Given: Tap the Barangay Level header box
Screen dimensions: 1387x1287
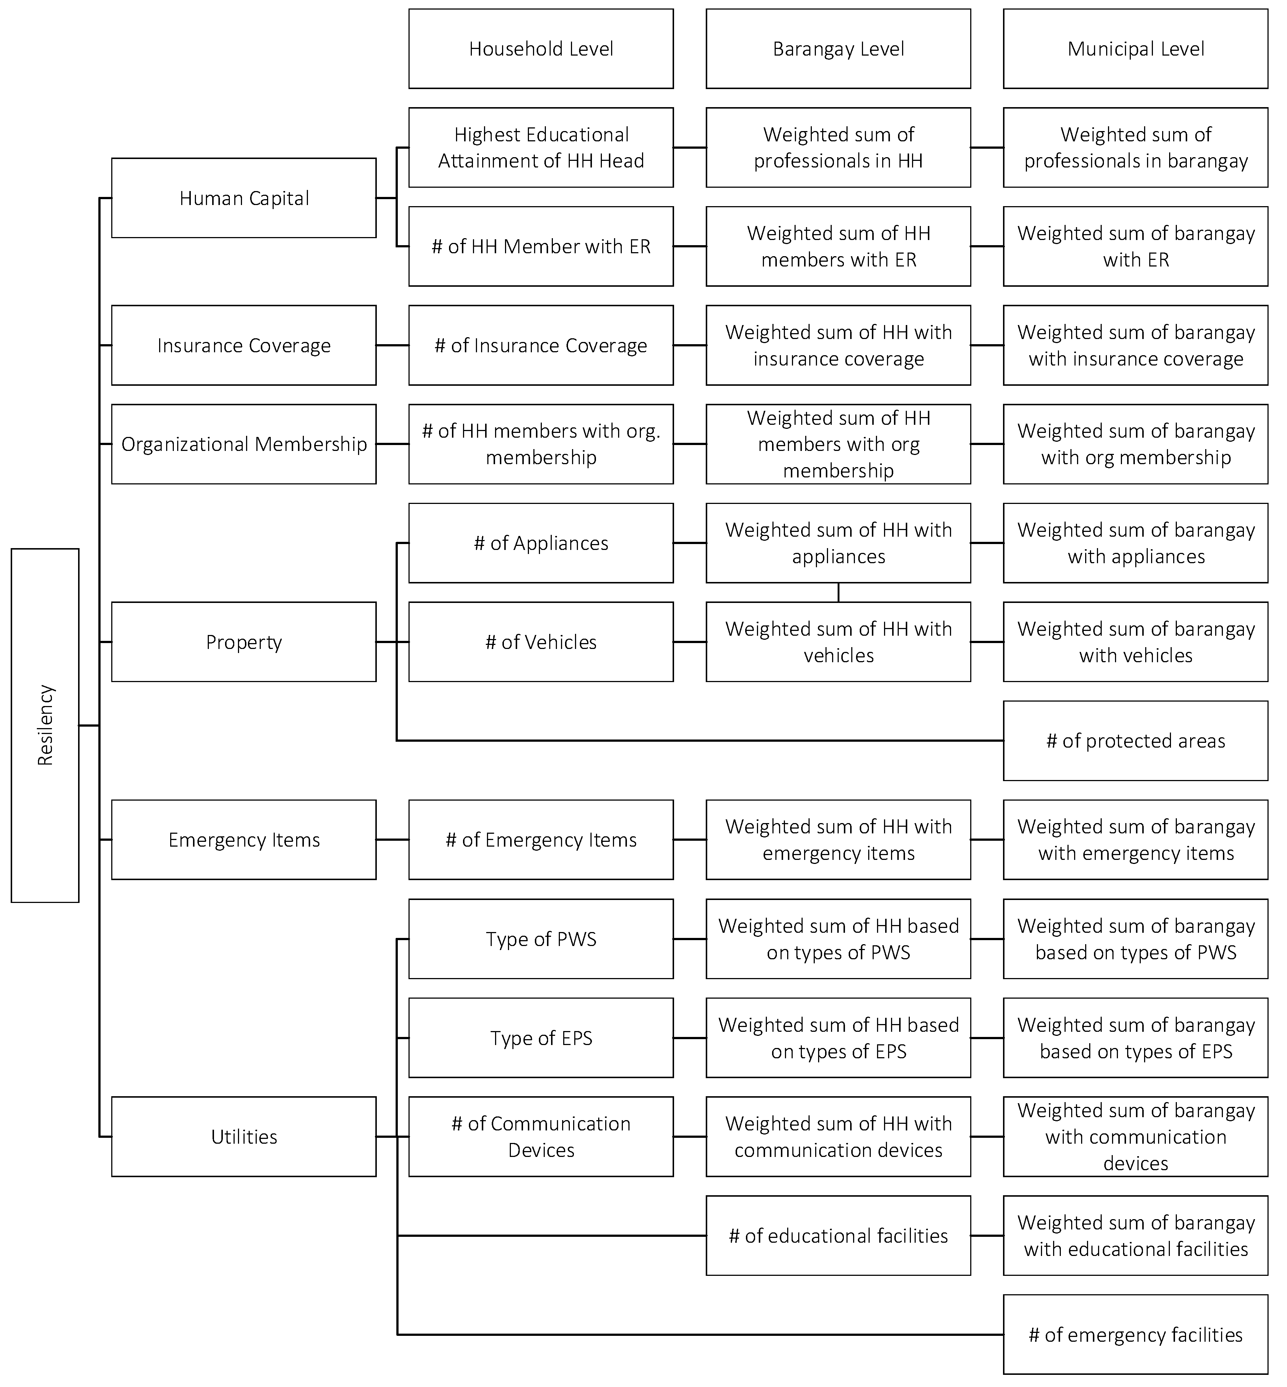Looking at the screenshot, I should coord(838,49).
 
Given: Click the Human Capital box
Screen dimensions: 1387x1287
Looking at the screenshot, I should coord(244,198).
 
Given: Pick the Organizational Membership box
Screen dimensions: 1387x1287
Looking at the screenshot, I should coord(244,444).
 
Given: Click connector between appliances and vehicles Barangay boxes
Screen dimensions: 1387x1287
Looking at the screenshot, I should coord(838,592).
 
